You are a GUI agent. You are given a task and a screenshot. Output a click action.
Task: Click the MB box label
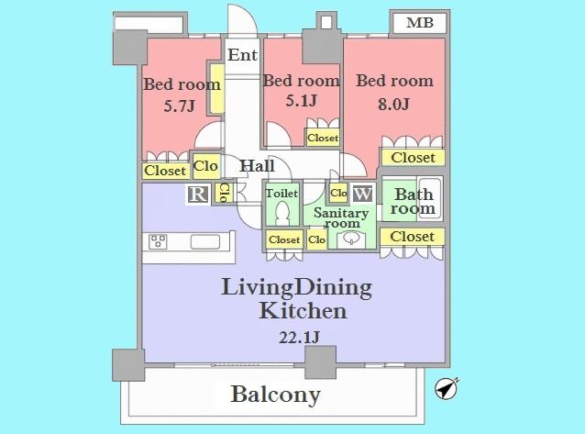[420, 23]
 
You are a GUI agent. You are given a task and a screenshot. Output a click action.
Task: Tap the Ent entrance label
[242, 55]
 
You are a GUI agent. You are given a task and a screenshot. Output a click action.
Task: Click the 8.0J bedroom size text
[393, 103]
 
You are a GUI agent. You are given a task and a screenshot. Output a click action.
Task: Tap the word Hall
[258, 166]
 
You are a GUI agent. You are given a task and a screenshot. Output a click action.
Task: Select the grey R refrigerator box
[197, 194]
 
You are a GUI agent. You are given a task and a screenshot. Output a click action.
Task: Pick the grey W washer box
[362, 194]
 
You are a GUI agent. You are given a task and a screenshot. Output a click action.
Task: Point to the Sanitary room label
[337, 217]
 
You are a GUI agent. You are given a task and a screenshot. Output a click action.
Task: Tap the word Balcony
[275, 395]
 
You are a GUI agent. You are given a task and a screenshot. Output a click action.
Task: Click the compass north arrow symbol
[447, 389]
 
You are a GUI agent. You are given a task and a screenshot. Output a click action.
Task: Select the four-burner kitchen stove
[157, 243]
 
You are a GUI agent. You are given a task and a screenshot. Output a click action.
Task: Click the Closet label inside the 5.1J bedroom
[323, 138]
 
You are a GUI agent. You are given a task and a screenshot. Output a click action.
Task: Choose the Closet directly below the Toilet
[283, 239]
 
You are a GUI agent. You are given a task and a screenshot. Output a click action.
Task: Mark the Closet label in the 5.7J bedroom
[164, 171]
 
